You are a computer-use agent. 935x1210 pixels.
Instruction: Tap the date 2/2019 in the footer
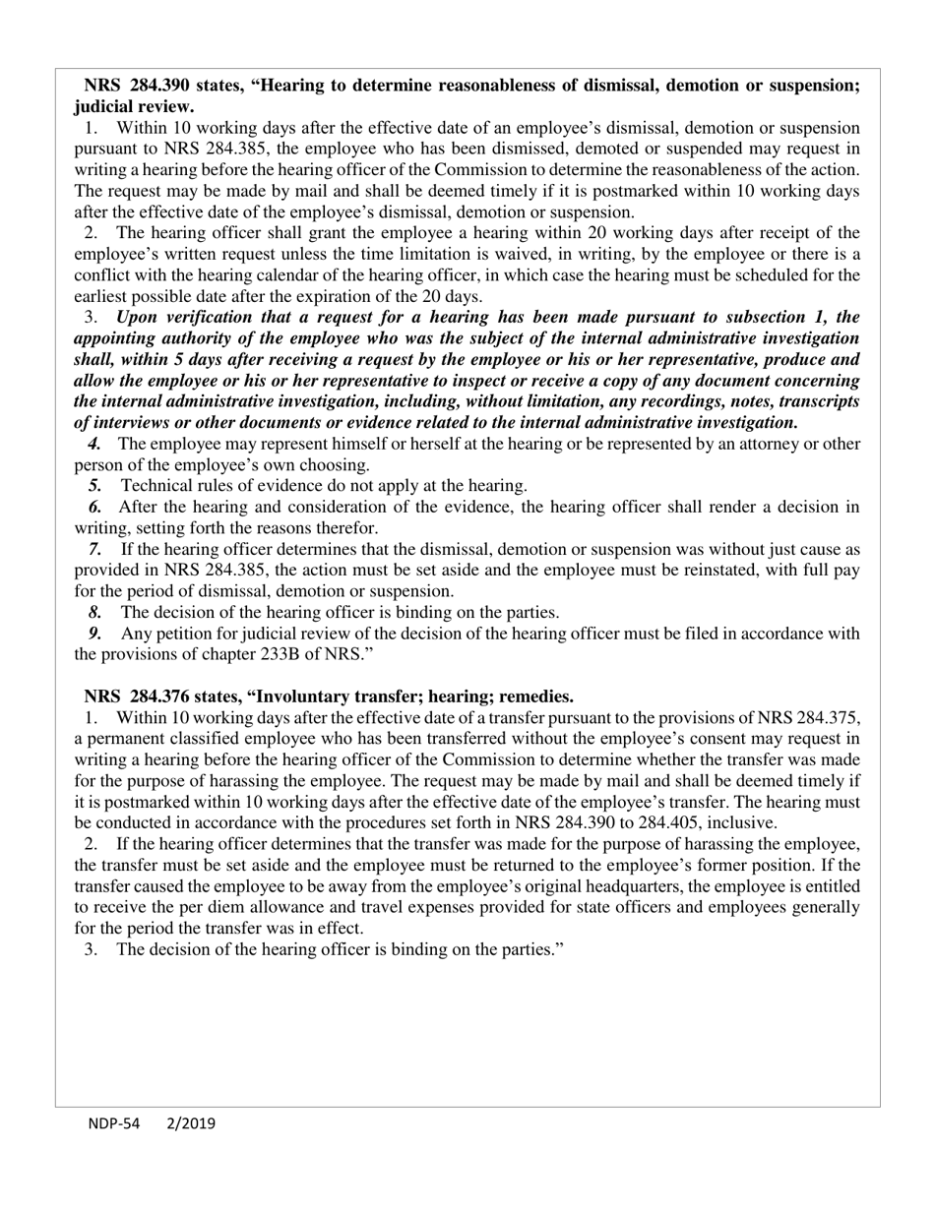[191, 1123]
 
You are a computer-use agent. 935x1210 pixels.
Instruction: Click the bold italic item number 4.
[94, 444]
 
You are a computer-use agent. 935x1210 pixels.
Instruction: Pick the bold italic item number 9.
[94, 634]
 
